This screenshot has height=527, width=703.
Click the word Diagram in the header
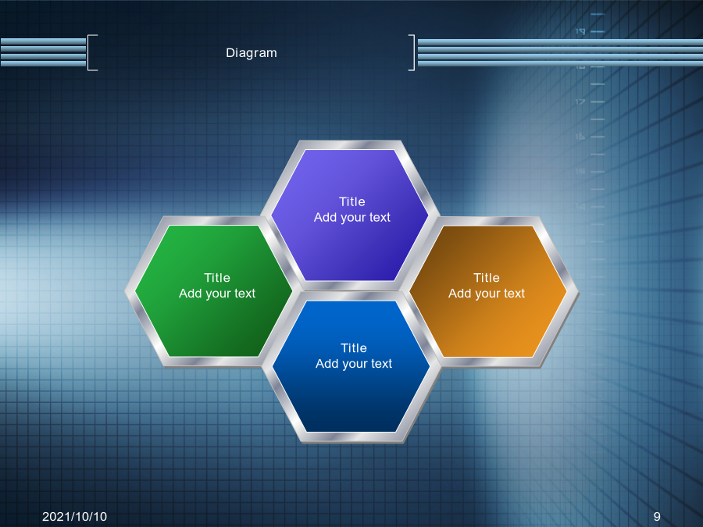pyautogui.click(x=251, y=53)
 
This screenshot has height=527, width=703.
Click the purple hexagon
pyautogui.click(x=350, y=215)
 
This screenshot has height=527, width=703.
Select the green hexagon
pyautogui.click(x=213, y=291)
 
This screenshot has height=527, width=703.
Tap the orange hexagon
pyautogui.click(x=487, y=292)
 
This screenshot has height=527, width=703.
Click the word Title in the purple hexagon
pyautogui.click(x=352, y=201)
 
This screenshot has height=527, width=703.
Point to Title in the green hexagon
pyautogui.click(x=217, y=278)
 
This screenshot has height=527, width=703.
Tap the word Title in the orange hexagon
pyautogui.click(x=487, y=278)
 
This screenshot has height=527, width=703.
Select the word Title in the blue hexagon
pyautogui.click(x=354, y=348)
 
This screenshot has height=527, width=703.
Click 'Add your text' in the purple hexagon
pyautogui.click(x=352, y=217)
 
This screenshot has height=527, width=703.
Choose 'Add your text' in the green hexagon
pyautogui.click(x=217, y=294)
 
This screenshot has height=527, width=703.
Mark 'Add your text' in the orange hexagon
pyautogui.click(x=487, y=294)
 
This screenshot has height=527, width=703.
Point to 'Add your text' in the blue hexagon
pyautogui.click(x=354, y=364)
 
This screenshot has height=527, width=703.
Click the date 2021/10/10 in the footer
pyautogui.click(x=74, y=517)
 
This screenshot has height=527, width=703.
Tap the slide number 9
pyautogui.click(x=657, y=517)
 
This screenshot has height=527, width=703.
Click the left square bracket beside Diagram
pyautogui.click(x=89, y=52)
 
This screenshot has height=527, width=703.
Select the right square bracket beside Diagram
pyautogui.click(x=413, y=52)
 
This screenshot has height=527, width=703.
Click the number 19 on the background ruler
pyautogui.click(x=580, y=31)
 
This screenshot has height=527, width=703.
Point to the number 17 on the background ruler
pyautogui.click(x=580, y=101)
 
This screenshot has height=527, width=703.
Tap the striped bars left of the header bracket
pyautogui.click(x=43, y=52)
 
